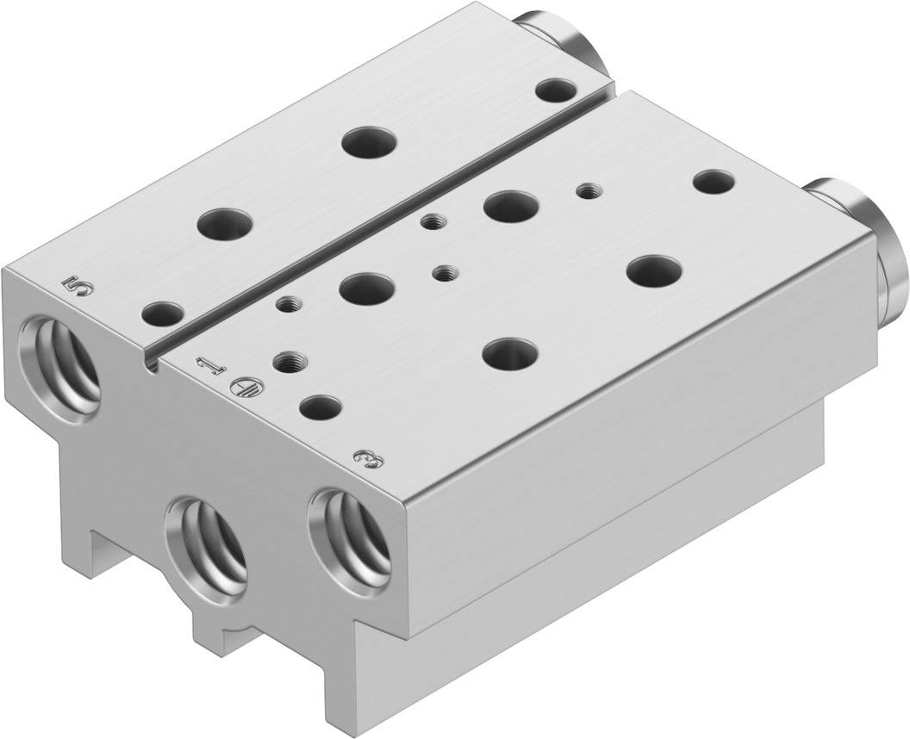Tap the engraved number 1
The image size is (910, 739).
pos(209,369)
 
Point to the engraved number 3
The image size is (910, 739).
pos(370,456)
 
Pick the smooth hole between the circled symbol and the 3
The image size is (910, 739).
pos(320,405)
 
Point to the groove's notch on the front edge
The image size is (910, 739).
pos(153,366)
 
